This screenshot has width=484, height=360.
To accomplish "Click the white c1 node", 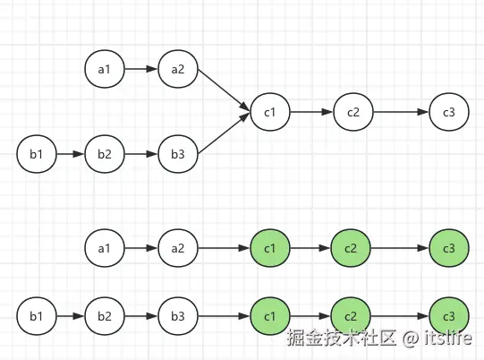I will pos(269,113).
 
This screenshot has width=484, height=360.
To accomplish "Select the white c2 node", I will pos(352,113).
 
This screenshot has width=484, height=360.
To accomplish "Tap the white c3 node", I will pos(448,113).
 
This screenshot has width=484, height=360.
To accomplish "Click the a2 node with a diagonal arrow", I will pos(177,68).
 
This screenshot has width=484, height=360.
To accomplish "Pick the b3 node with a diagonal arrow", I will pos(177,155).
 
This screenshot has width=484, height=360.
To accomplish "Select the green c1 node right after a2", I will pos(269,248).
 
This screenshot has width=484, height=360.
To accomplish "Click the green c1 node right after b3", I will pos(269,316).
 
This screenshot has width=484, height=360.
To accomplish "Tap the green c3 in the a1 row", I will pos(448,248).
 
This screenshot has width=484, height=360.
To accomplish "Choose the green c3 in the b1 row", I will pos(448,316).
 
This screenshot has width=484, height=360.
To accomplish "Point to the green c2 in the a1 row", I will pos(350,248).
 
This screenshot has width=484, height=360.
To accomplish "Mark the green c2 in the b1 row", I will pos(350,316).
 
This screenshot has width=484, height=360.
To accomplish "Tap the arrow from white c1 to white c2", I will pos(310,113).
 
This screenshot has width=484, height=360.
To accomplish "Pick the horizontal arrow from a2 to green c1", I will pos(223,248).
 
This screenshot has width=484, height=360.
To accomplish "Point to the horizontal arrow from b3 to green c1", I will pos(223,316).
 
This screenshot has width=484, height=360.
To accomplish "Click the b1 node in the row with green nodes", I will pos(36,316).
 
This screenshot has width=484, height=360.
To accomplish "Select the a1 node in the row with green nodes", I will pos(104,248).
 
